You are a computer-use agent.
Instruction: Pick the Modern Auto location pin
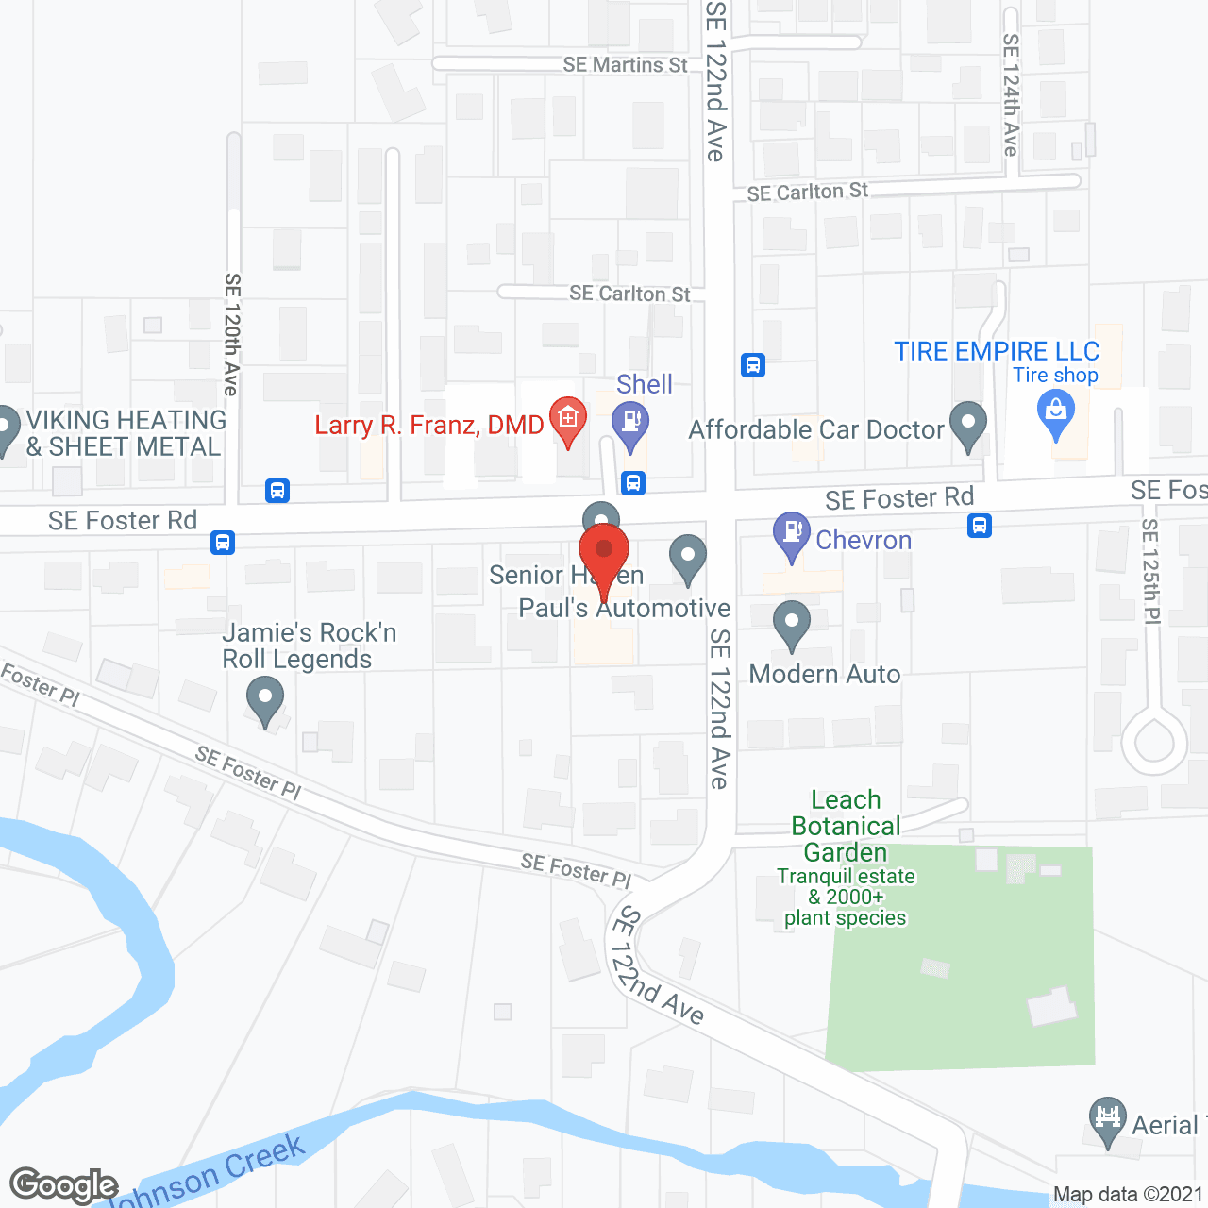pyautogui.click(x=792, y=623)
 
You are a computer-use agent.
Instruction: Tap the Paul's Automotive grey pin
pyautogui.click(x=688, y=556)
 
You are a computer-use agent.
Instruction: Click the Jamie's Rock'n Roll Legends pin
pyautogui.click(x=265, y=701)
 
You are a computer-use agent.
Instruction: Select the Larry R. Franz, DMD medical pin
pyautogui.click(x=567, y=417)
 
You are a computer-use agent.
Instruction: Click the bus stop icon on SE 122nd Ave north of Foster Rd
pyautogui.click(x=753, y=364)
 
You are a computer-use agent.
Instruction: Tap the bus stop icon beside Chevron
pyautogui.click(x=980, y=526)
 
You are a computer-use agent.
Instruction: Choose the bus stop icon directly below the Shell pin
pyautogui.click(x=633, y=483)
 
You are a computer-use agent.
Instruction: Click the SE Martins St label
pyautogui.click(x=625, y=65)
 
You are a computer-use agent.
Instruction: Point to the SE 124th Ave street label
pyautogui.click(x=1011, y=94)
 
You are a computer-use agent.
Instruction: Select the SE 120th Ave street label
pyautogui.click(x=232, y=334)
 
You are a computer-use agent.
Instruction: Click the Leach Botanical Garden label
pyautogui.click(x=846, y=826)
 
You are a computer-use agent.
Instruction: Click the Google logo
pyautogui.click(x=63, y=1185)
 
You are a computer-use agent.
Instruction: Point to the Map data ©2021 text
pyautogui.click(x=1128, y=1195)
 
